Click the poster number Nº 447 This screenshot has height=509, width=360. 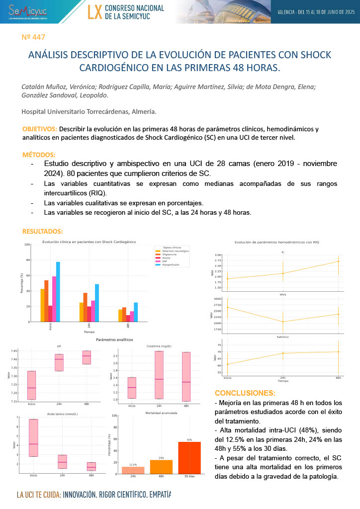pos(34,37)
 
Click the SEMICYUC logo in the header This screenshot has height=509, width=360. pos(28,10)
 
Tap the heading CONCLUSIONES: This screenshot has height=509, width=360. pos(244,393)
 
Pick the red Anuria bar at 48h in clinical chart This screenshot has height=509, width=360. pos(128,318)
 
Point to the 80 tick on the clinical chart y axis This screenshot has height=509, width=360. pos(28,260)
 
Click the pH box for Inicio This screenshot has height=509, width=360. pos(31,385)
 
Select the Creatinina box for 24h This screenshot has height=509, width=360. pos(159,375)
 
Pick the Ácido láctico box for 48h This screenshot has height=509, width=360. pos(91,466)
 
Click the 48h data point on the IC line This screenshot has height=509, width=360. pos(338,261)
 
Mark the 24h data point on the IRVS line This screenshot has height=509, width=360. pos(283,322)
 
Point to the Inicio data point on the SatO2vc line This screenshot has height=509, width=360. pos(228,364)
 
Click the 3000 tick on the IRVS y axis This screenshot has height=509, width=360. pos(217,299)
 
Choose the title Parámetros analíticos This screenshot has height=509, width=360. pos(115,339)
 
